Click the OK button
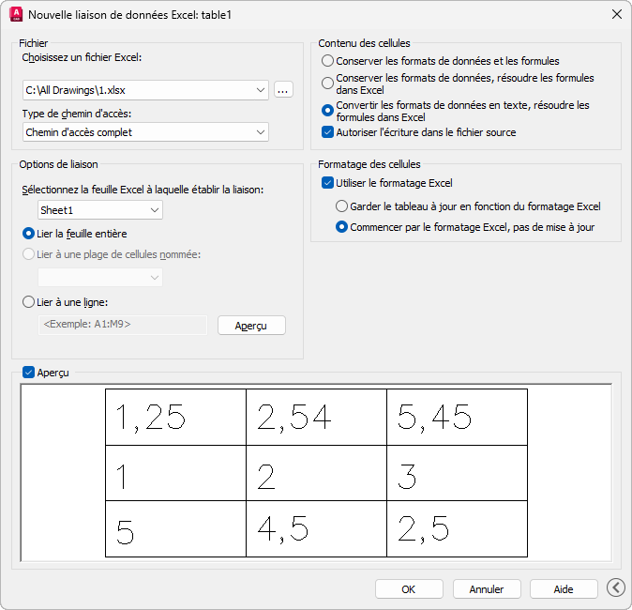point(409,589)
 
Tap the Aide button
point(563,589)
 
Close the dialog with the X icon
point(616,14)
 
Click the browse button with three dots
point(283,89)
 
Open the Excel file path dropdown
point(261,90)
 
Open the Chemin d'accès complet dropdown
point(261,132)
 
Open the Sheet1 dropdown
point(155,210)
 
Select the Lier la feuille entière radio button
point(28,234)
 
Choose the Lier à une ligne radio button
point(28,302)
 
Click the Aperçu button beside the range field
point(251,325)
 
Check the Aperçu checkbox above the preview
point(28,373)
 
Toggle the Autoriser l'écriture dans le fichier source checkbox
point(327,132)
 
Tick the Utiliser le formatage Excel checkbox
point(327,183)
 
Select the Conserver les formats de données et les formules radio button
point(327,61)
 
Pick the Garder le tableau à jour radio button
point(341,206)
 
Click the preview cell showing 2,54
point(316,418)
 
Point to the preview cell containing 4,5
point(316,529)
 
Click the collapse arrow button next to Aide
point(616,587)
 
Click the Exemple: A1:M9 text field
point(123,325)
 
